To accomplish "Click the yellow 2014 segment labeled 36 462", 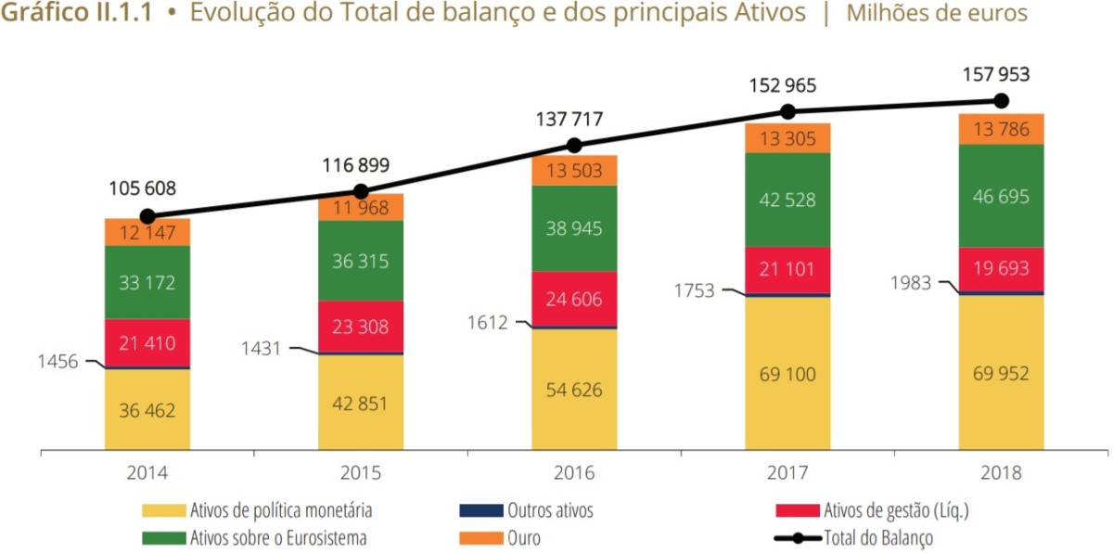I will pyautogui.click(x=147, y=410).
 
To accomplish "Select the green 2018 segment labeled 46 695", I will pyautogui.click(x=1001, y=196).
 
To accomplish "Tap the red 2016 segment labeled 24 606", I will pyautogui.click(x=574, y=299).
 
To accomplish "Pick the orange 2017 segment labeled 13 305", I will pyautogui.click(x=787, y=138).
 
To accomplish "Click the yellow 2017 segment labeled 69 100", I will pyautogui.click(x=787, y=374).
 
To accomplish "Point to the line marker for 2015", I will pyautogui.click(x=361, y=191).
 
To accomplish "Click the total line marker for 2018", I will pyautogui.click(x=1001, y=100).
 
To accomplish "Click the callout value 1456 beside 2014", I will pyautogui.click(x=58, y=362).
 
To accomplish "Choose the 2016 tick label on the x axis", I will pyautogui.click(x=574, y=472).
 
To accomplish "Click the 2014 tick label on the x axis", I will pyautogui.click(x=147, y=472).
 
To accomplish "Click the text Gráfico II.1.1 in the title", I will pyautogui.click(x=73, y=14).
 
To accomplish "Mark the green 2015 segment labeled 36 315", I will pyautogui.click(x=361, y=262).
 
